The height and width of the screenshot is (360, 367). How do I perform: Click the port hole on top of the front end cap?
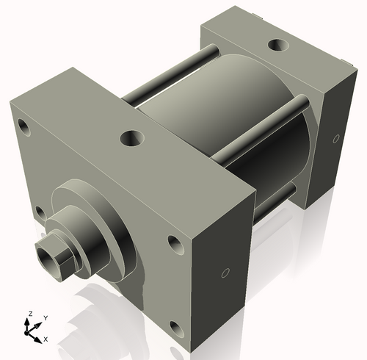(x=132, y=137)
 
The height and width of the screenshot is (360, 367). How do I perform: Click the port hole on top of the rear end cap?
(x=278, y=46)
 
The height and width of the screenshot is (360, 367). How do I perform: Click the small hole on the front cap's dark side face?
(x=225, y=274)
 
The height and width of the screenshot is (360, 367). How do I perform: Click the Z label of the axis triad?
(x=29, y=314)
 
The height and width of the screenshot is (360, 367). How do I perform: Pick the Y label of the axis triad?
(x=45, y=317)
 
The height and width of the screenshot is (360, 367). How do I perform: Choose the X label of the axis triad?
(x=46, y=339)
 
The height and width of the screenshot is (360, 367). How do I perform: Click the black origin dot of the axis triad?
(x=30, y=333)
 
